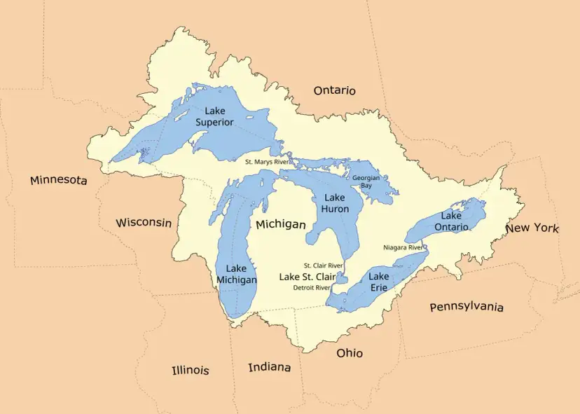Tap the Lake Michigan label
236,274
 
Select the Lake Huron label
336,203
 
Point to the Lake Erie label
378,282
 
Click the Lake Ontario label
451,221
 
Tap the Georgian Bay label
366,182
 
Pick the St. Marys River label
266,161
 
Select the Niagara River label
403,247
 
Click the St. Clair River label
323,265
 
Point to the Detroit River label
311,287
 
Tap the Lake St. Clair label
308,277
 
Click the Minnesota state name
59,181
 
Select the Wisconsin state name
144,223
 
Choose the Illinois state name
191,370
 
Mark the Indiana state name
270,367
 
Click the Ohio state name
350,353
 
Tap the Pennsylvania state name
467,307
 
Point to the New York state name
532,228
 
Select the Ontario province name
334,90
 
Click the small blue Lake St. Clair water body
342,278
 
